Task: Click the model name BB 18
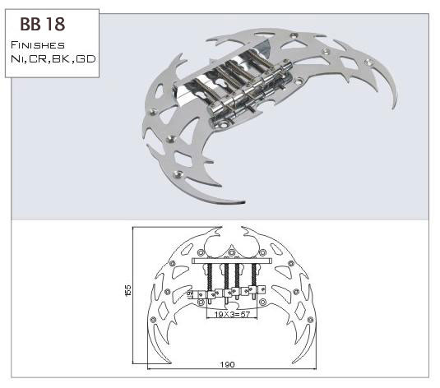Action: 43,24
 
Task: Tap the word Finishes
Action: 38,45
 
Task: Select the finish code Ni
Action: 17,59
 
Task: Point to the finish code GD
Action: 86,59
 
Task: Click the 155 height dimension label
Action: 127,290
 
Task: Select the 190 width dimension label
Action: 227,364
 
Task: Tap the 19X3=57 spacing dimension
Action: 232,314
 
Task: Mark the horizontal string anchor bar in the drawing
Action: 231,261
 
